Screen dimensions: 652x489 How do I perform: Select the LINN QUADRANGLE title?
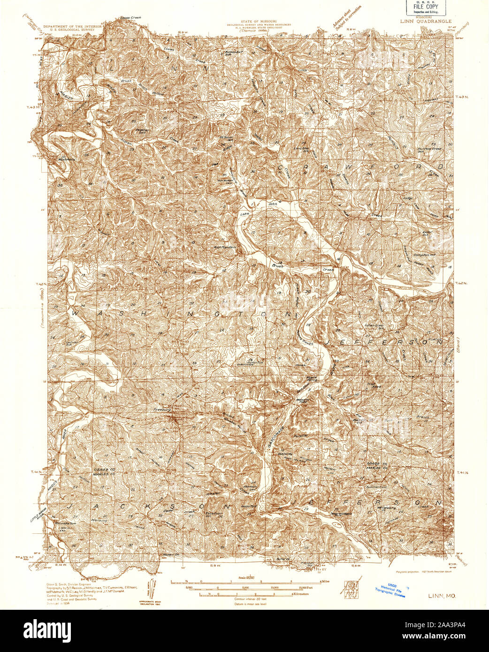426,21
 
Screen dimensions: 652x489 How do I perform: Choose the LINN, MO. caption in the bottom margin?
441,595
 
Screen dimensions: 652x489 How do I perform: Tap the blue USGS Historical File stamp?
390,590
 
